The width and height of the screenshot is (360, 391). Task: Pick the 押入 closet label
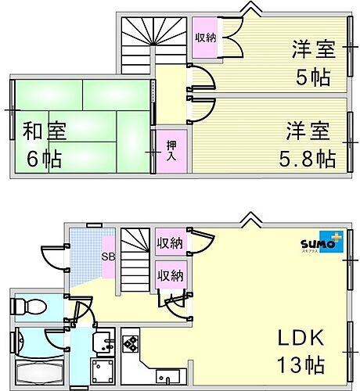click(171, 150)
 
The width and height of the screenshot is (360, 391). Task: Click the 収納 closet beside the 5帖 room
click(206, 38)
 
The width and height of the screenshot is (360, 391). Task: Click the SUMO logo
click(321, 243)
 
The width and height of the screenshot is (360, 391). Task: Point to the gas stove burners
click(130, 345)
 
